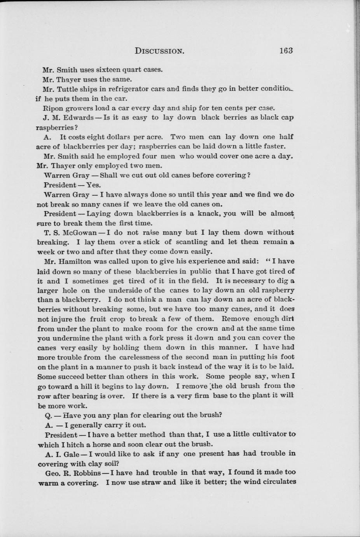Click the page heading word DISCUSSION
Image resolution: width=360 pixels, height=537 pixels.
click(x=159, y=51)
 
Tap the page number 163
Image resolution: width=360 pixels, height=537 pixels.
click(x=285, y=51)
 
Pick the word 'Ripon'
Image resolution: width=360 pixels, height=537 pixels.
click(x=52, y=108)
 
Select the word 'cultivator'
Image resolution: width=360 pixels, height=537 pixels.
click(x=269, y=434)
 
